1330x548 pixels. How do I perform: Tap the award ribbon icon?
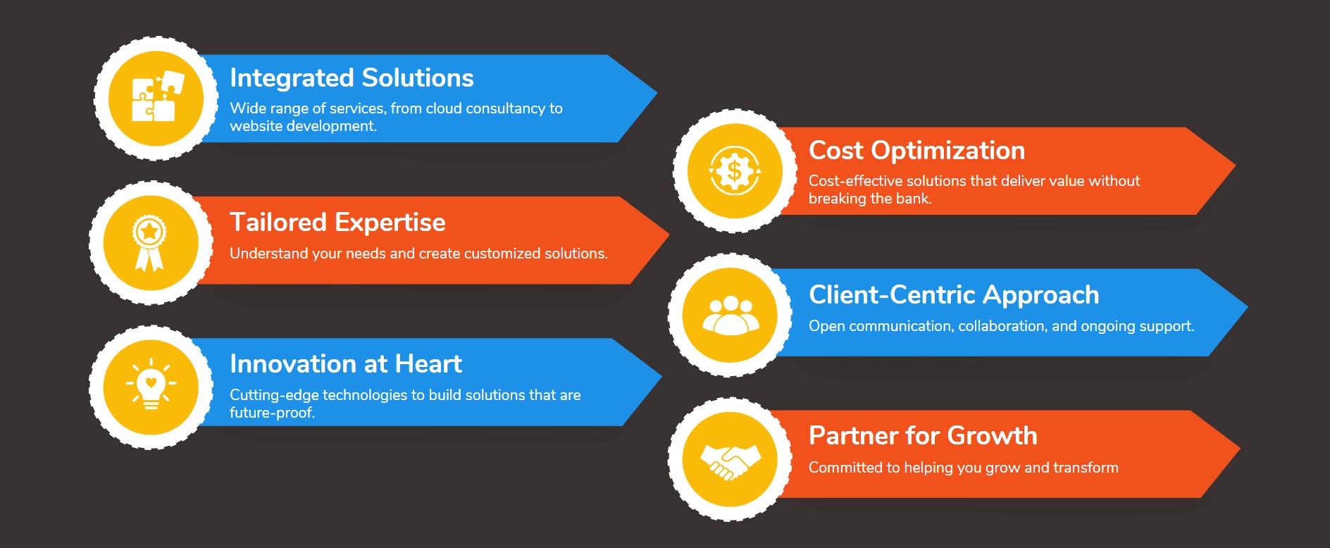point(149,243)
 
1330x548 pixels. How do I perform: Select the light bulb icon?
point(151,384)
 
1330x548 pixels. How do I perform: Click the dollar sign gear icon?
point(735,170)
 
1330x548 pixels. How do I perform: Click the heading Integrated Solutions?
point(352,77)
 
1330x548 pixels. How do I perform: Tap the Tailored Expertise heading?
point(337,223)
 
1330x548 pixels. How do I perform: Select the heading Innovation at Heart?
point(346,364)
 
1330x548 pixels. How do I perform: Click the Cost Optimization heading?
point(916,151)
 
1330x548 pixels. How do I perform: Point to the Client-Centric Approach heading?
point(954,295)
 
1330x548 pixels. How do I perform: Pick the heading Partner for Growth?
point(923,436)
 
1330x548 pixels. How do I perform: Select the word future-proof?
point(272,413)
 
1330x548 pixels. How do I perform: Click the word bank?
point(914,199)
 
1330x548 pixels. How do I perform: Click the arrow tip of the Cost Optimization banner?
point(1236,166)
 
